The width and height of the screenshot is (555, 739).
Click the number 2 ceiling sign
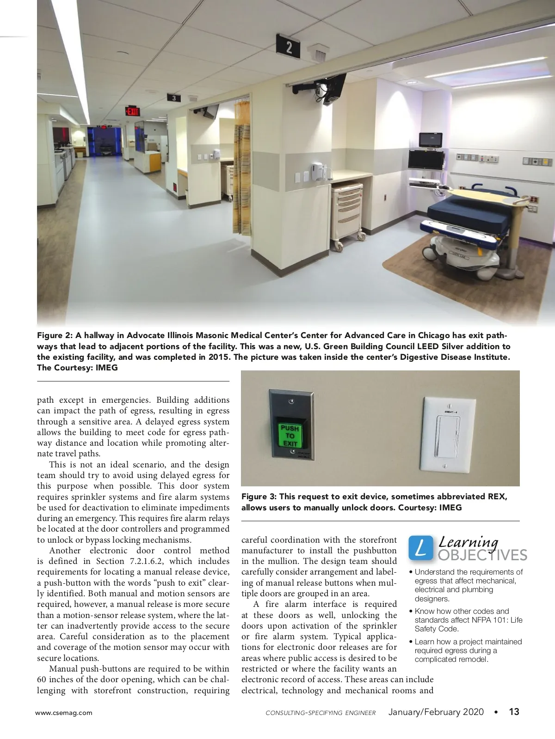pyautogui.click(x=289, y=47)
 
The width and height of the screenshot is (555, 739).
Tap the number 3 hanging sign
pyautogui.click(x=174, y=97)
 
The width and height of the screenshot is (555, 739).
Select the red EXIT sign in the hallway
pyautogui.click(x=132, y=111)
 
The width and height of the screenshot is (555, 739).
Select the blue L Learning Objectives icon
pyautogui.click(x=420, y=547)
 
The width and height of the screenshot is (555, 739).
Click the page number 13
pyautogui.click(x=514, y=712)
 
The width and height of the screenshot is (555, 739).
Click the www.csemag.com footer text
pyautogui.click(x=64, y=713)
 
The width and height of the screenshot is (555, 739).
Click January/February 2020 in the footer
pyautogui.click(x=436, y=712)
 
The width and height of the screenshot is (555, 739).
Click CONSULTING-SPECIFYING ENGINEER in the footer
pyautogui.click(x=321, y=713)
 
